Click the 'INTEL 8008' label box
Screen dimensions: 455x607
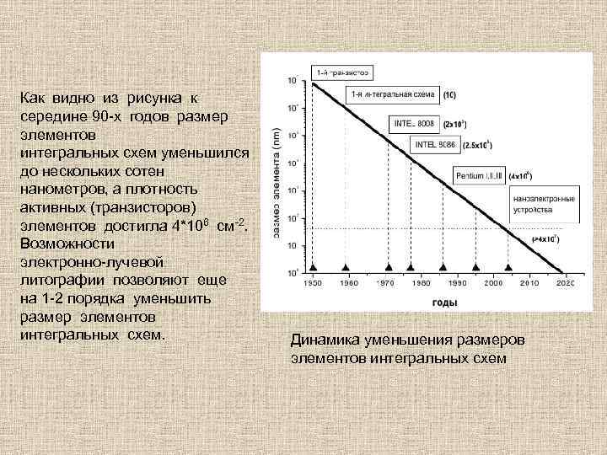[414, 124]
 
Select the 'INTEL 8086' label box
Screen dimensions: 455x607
[436, 144]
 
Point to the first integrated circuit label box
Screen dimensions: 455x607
[392, 93]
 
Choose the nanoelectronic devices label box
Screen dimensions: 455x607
[544, 202]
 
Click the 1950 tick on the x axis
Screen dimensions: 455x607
[313, 284]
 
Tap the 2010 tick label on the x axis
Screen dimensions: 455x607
[530, 284]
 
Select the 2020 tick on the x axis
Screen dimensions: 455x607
[564, 284]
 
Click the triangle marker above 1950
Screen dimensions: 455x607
[313, 264]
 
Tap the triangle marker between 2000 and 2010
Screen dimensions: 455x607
[508, 264]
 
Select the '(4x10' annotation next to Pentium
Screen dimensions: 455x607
[520, 176]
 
